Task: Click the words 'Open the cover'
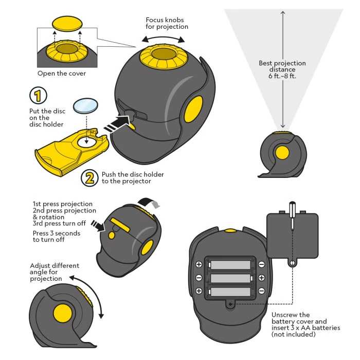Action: point(62,74)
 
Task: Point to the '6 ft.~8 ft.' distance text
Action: point(282,76)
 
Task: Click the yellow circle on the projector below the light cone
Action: point(282,153)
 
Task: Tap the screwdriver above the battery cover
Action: point(292,214)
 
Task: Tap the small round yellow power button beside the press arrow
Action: point(112,235)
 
